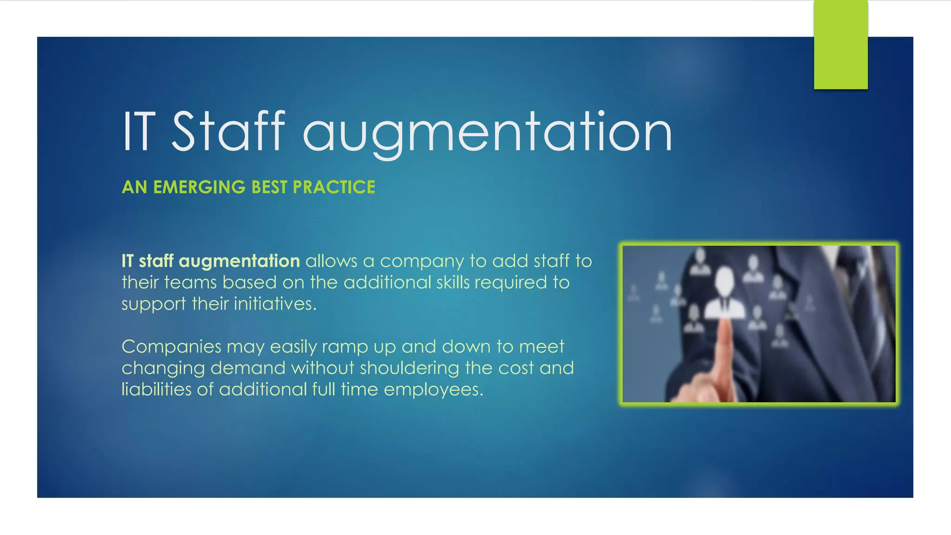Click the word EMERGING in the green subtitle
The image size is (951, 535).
199,187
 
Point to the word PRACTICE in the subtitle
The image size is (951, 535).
334,187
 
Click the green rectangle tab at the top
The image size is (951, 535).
840,45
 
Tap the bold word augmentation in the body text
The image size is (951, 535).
239,261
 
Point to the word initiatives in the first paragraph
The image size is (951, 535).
275,304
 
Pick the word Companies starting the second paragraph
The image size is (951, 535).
171,347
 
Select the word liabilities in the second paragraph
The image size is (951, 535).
156,389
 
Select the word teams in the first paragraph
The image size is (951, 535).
190,283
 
